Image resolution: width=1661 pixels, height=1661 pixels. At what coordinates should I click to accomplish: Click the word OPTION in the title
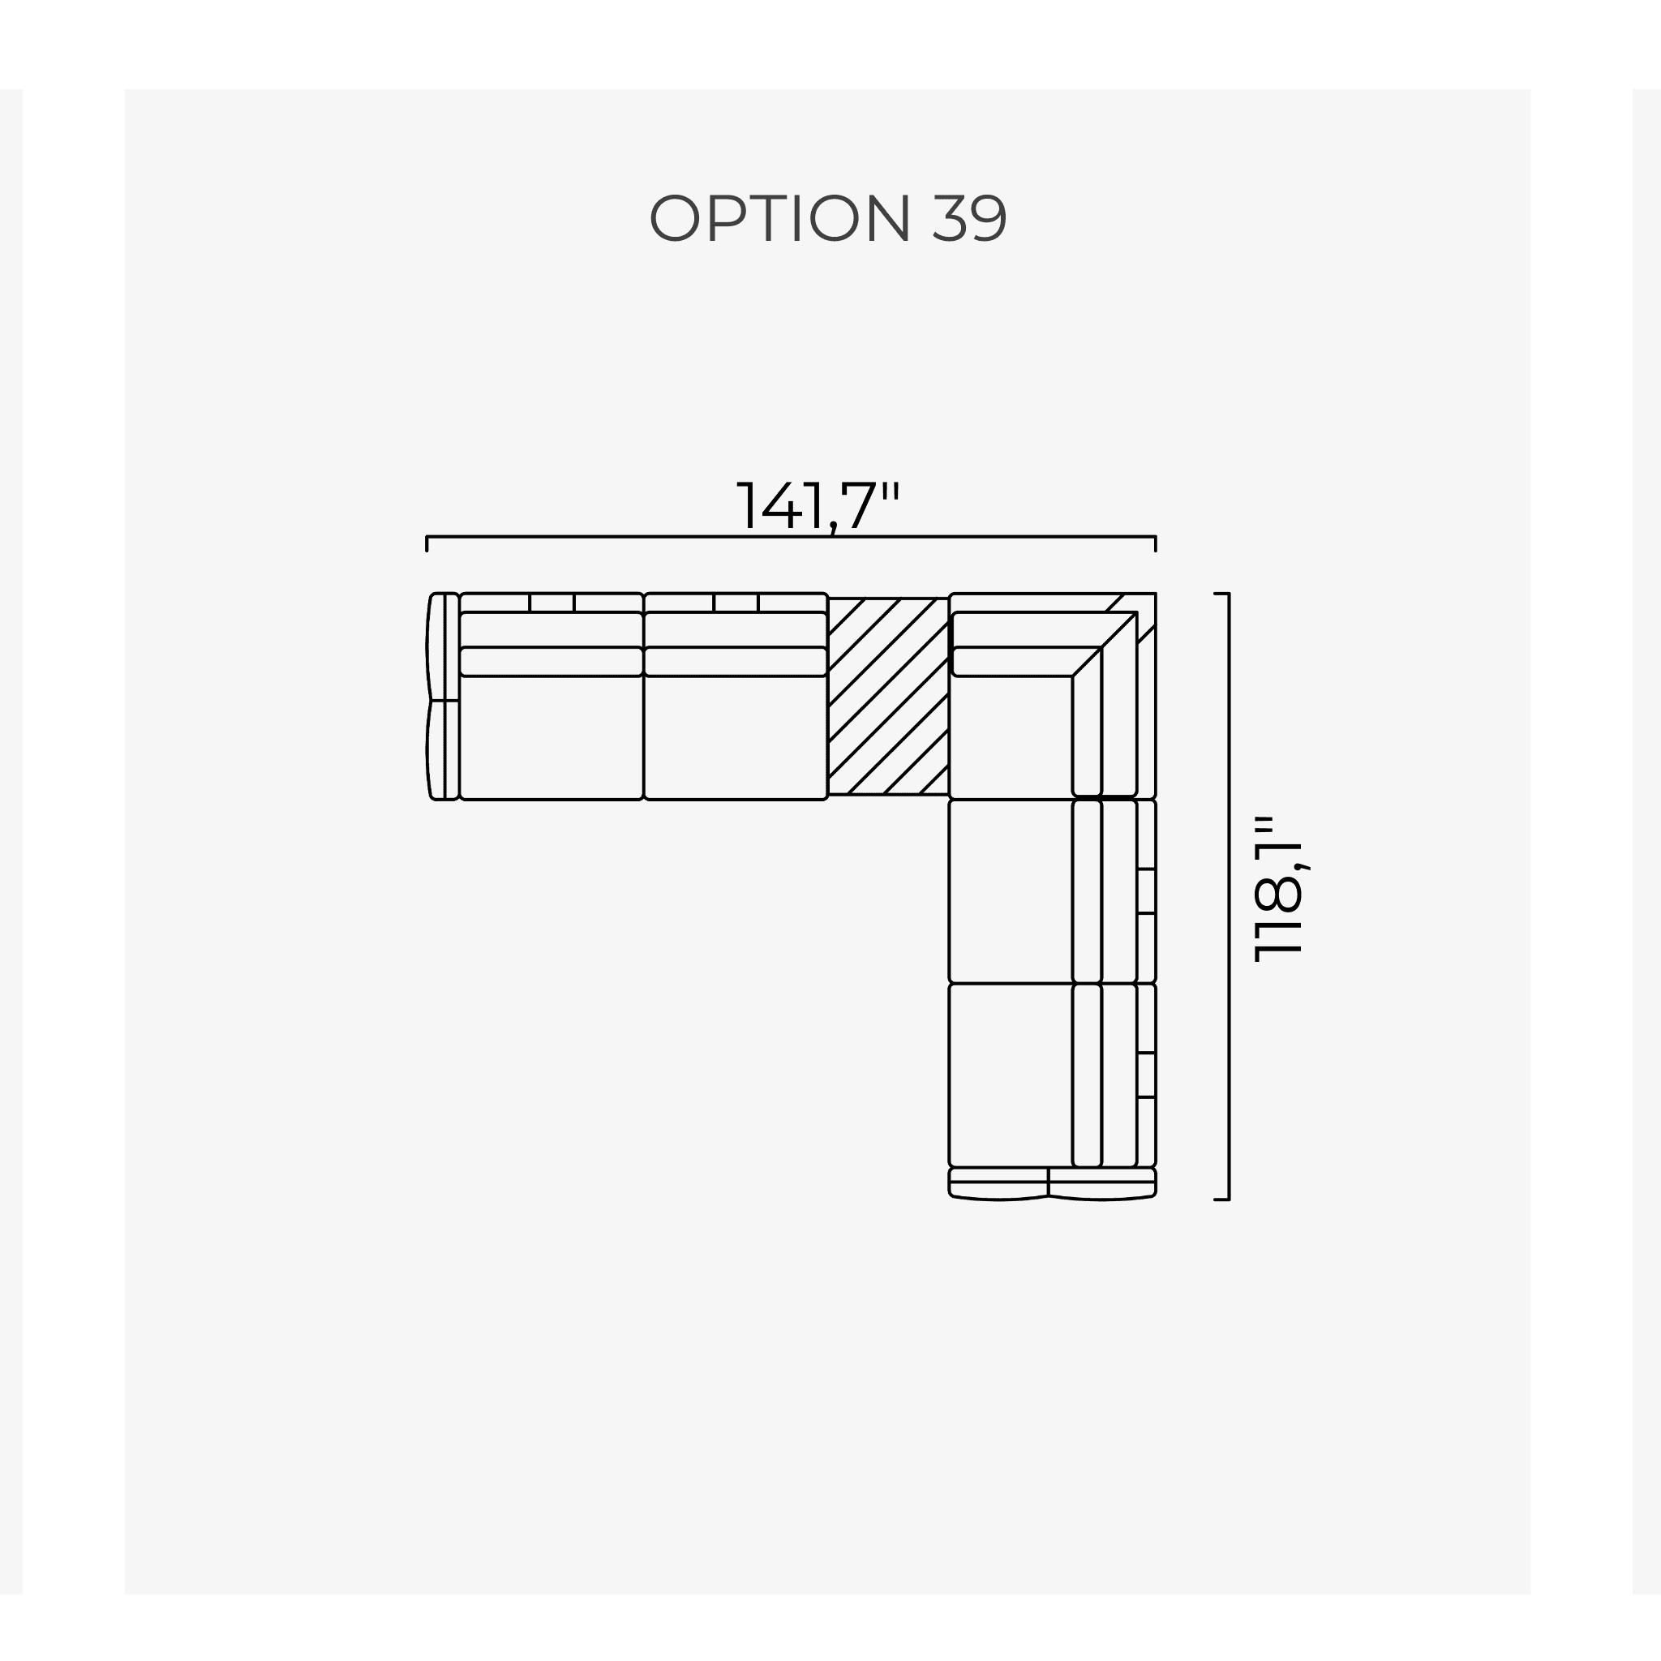(779, 217)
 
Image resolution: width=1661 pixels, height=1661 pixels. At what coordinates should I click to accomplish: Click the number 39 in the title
(968, 217)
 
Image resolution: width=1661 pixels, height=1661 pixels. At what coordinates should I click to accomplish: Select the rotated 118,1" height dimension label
(1279, 889)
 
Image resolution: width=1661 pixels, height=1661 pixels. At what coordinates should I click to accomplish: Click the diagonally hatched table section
(888, 696)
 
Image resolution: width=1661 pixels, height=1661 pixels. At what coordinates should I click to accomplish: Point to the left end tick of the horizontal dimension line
(427, 543)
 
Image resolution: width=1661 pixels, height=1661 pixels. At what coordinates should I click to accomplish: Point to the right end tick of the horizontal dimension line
(1156, 543)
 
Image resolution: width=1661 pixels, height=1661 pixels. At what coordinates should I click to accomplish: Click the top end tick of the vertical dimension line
(1221, 593)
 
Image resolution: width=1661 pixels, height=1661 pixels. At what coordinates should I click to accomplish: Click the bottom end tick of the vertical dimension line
(1221, 1199)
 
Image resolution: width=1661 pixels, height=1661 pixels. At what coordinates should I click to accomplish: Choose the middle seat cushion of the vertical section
(1011, 891)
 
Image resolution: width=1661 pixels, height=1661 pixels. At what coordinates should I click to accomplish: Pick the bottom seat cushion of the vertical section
(1011, 1075)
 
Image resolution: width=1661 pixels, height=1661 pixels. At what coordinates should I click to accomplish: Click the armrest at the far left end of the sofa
(442, 697)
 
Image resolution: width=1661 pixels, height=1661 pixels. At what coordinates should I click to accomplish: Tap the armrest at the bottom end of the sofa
(1051, 1183)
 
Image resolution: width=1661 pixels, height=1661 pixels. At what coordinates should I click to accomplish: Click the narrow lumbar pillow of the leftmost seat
(551, 662)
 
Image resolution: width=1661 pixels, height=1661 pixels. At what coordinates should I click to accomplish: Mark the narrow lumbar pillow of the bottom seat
(1088, 1075)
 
